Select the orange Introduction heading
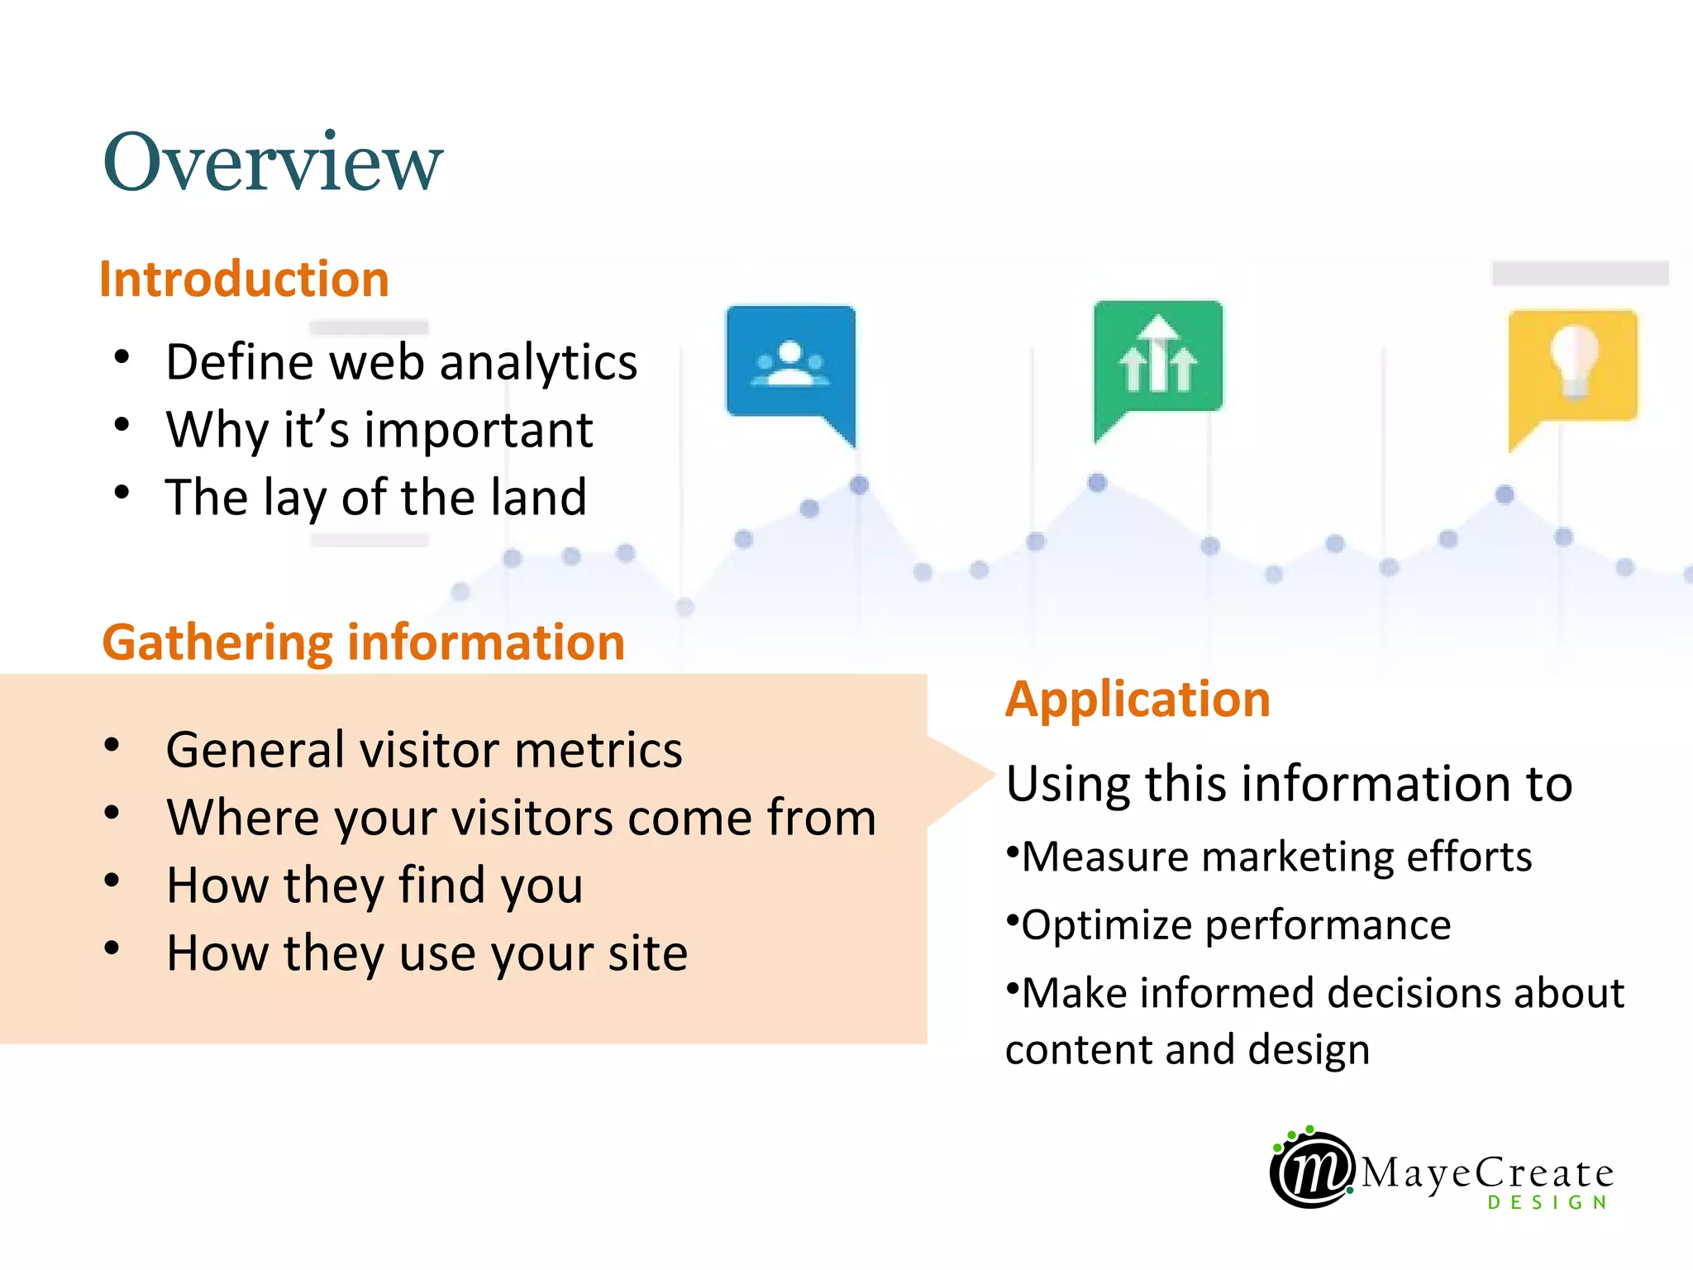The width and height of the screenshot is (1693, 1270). pos(244,279)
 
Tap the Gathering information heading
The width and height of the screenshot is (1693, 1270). pos(363,642)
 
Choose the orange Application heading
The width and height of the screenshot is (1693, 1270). pos(1137,699)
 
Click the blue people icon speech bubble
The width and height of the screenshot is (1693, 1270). pos(791,364)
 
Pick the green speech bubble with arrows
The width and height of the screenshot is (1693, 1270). pos(1157,360)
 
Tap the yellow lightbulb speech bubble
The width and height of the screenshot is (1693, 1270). pos(1572,368)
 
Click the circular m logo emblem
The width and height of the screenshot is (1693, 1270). pos(1311,1169)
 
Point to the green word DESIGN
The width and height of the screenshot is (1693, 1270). pos(1548,1202)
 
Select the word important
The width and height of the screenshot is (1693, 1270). pos(479,430)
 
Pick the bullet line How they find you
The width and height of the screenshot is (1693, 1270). pos(374,886)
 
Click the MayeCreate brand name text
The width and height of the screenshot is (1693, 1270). pos(1486,1172)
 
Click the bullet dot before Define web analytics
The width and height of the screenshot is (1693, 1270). pos(122,357)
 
